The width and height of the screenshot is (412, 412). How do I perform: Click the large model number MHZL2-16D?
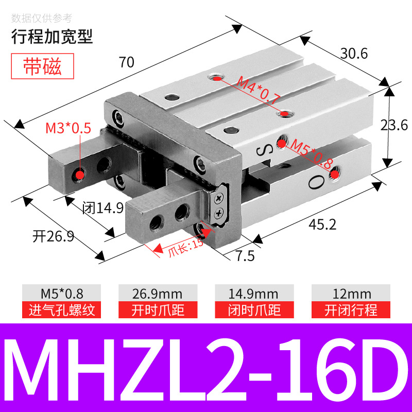(x=206, y=367)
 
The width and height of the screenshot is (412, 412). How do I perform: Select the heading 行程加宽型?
(x=52, y=37)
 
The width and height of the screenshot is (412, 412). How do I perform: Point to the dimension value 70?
(x=126, y=62)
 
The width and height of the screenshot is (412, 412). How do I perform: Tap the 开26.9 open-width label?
(x=54, y=236)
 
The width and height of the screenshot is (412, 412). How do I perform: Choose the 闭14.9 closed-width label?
(x=103, y=208)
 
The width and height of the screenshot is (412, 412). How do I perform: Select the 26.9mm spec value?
(x=158, y=294)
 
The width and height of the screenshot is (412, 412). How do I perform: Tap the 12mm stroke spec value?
(x=351, y=294)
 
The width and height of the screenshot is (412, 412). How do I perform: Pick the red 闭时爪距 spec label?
(x=254, y=310)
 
